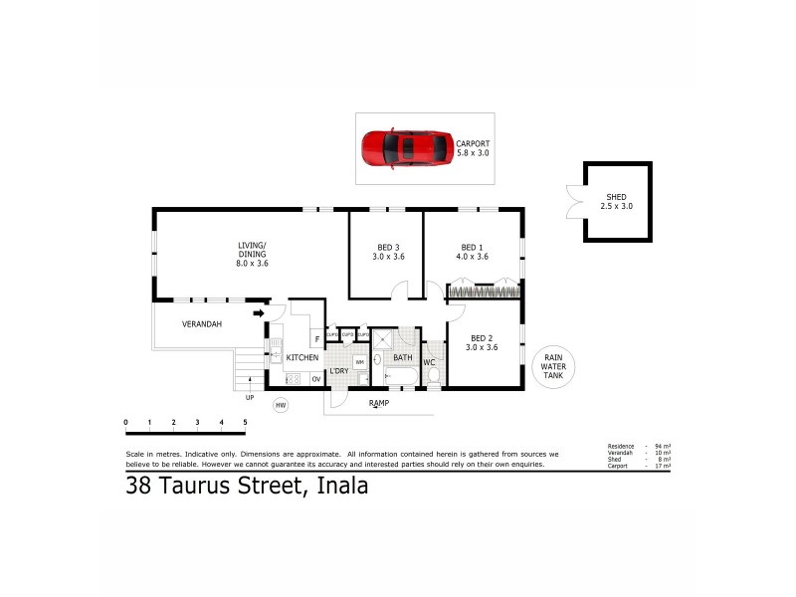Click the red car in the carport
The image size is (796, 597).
405,148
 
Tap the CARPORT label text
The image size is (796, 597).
473,144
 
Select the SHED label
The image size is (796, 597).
617,197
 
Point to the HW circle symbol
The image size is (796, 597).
281,405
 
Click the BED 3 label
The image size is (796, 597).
388,248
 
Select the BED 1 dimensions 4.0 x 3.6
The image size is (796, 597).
473,257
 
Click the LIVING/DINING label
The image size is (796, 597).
252,250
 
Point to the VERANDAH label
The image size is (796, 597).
201,324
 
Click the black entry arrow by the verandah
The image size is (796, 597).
259,313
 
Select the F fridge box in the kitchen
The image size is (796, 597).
315,337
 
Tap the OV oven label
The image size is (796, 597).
316,378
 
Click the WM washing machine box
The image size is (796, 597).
359,362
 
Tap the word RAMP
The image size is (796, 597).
378,403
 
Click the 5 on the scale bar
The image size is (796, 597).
245,423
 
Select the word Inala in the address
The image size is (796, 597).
341,487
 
